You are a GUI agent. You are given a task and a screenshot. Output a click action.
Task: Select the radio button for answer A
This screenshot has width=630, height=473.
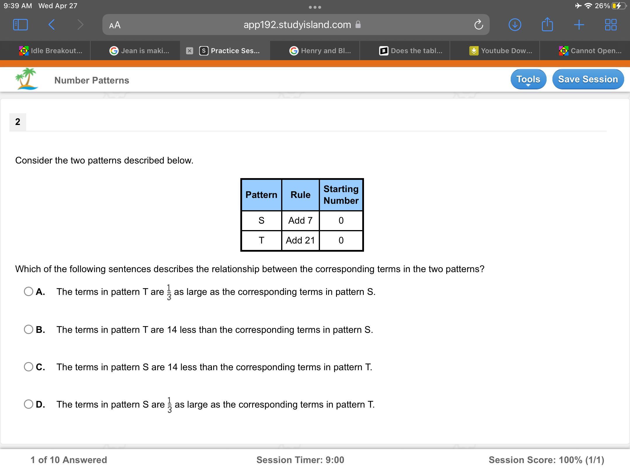point(29,291)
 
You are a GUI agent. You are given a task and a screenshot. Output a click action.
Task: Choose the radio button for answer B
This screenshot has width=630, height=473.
point(29,329)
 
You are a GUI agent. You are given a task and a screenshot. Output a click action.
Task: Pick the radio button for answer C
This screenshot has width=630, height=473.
point(29,367)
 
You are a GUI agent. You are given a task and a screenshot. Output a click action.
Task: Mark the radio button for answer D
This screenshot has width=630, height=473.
point(29,404)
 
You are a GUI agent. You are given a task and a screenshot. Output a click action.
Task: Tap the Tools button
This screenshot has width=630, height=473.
point(528,79)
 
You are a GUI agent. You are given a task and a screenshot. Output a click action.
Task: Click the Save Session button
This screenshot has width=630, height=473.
point(588,79)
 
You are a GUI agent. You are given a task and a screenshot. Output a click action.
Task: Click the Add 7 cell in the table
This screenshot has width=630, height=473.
point(300,220)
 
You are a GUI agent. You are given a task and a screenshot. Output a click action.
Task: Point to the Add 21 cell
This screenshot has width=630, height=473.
point(300,240)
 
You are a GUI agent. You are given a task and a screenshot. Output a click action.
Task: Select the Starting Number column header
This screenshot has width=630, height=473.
point(341,195)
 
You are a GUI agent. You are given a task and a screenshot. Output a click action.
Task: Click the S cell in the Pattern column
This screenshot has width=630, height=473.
point(261,220)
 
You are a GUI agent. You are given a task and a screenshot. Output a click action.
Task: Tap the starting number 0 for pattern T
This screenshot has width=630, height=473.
point(341,240)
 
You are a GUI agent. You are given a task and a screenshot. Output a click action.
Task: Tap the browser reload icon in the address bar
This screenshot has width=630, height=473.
point(479,25)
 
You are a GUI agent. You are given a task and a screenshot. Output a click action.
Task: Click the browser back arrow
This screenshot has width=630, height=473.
point(51,25)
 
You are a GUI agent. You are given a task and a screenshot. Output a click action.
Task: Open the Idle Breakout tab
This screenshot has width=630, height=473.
point(51,51)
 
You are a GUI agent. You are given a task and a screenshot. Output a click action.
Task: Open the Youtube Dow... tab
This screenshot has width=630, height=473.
point(501,51)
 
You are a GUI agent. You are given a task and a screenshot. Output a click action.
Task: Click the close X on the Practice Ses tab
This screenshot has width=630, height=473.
point(190,51)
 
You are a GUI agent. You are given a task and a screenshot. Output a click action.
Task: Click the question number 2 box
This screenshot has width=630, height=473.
point(18,122)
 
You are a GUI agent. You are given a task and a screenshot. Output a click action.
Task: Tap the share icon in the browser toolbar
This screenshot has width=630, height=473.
point(547,24)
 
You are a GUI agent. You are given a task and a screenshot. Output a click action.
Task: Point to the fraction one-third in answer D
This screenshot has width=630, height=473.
point(169,405)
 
